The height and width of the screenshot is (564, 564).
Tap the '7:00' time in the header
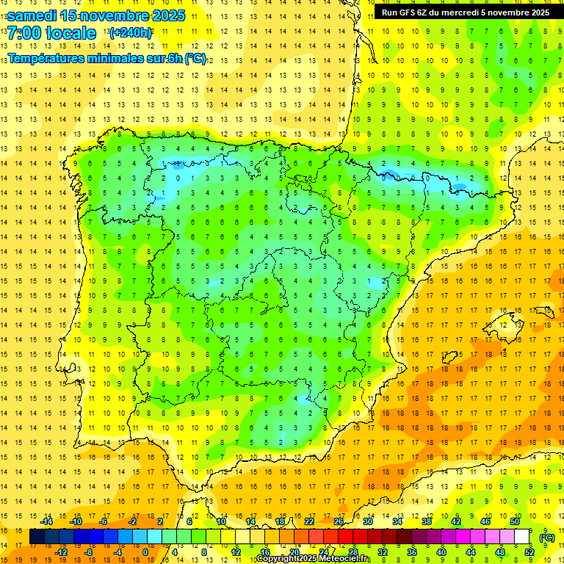click(x=24, y=33)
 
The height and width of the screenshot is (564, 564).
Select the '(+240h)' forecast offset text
click(x=131, y=32)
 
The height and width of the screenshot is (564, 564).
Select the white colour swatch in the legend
click(x=521, y=537)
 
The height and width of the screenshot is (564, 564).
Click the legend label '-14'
click(x=46, y=521)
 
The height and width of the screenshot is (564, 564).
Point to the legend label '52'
click(x=529, y=552)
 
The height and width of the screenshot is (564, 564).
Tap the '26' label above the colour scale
click(x=339, y=521)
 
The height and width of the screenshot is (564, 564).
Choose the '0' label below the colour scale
click(x=145, y=552)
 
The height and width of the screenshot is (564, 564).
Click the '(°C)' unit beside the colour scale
click(x=546, y=537)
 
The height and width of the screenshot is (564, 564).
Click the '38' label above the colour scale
click(x=426, y=521)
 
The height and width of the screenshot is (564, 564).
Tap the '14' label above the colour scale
click(x=250, y=521)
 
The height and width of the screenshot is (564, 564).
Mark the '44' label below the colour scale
click(x=471, y=552)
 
